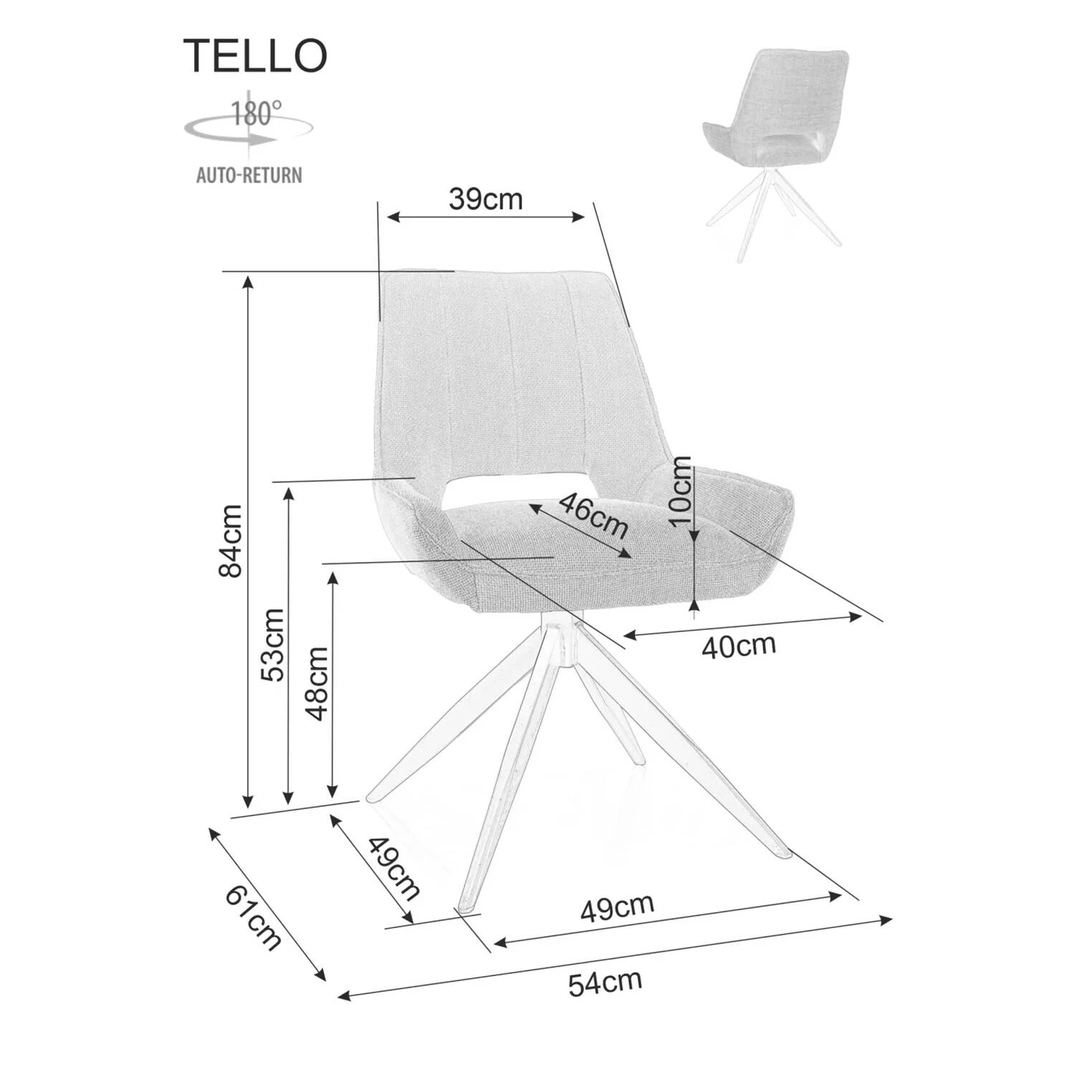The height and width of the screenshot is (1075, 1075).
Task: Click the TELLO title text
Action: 255,55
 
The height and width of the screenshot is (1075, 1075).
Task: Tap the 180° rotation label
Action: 256,113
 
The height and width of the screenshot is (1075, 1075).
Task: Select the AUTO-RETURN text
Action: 249,175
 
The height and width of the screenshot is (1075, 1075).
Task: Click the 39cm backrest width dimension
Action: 486,199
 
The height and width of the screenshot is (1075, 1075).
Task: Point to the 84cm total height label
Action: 231,541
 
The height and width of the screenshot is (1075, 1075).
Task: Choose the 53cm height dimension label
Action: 273,645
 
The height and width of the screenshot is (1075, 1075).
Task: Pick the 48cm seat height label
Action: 316,683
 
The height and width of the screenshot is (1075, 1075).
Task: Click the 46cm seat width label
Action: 593,515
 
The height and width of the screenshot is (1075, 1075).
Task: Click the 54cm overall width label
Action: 605,983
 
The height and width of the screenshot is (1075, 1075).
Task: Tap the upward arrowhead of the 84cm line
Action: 248,281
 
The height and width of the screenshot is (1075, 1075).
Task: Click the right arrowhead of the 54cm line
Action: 887,919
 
